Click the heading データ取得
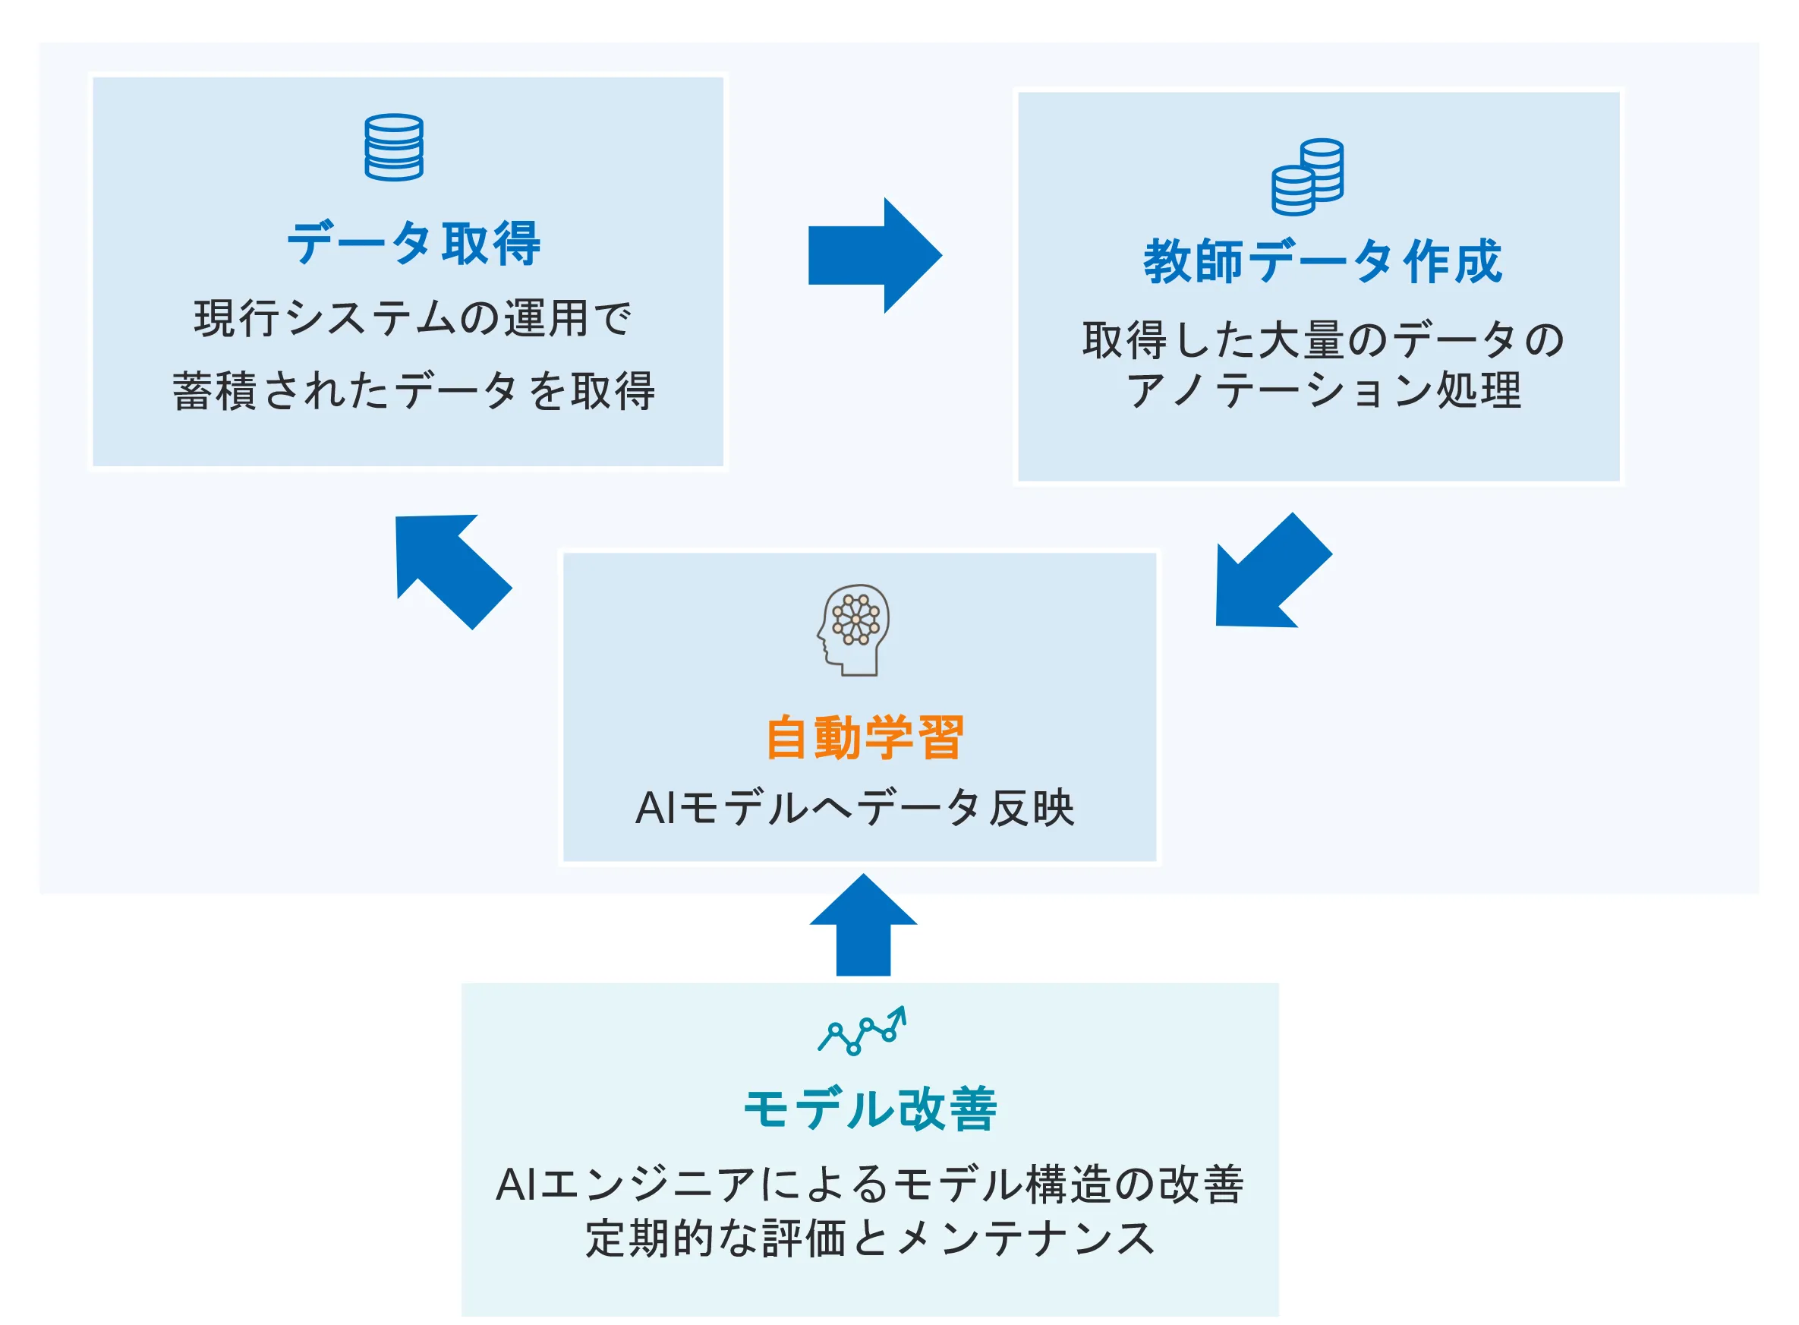[414, 243]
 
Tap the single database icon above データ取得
[394, 147]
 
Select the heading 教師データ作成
[1322, 261]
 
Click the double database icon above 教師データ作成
[1308, 176]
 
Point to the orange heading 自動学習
[865, 737]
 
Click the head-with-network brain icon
[854, 629]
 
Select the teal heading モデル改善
[871, 1110]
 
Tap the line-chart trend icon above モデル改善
[862, 1030]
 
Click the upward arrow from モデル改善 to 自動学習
[863, 926]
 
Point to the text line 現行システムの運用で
[413, 318]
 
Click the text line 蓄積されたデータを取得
[414, 391]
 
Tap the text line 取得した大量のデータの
[1323, 340]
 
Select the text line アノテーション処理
[1324, 390]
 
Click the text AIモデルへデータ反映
[855, 808]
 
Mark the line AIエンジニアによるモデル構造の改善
[870, 1185]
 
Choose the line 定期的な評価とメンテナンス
[870, 1238]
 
